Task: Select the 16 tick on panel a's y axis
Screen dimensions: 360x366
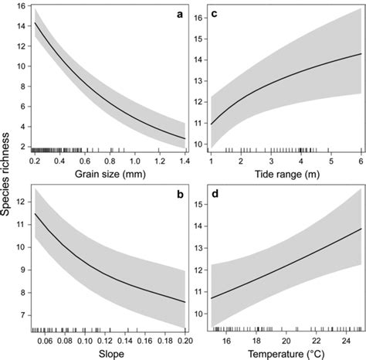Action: (x=21, y=7)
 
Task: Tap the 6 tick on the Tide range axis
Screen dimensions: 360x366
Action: (x=360, y=158)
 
